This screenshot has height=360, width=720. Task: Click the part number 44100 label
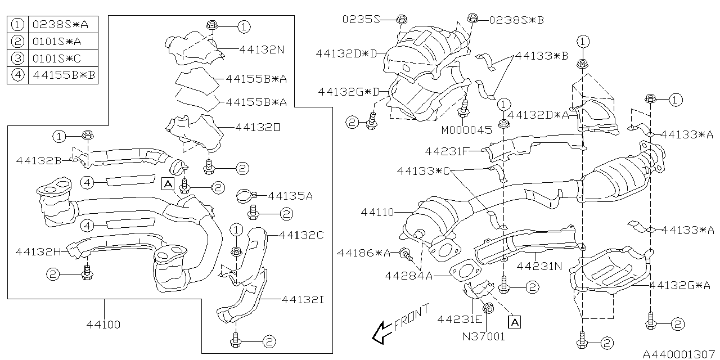tap(103, 325)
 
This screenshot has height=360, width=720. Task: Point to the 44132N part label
tap(262, 49)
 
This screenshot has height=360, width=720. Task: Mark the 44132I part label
tap(302, 299)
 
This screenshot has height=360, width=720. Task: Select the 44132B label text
tap(39, 160)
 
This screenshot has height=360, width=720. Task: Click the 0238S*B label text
tap(516, 20)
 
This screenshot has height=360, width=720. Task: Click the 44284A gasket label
tap(409, 276)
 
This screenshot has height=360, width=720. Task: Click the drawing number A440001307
tap(679, 353)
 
